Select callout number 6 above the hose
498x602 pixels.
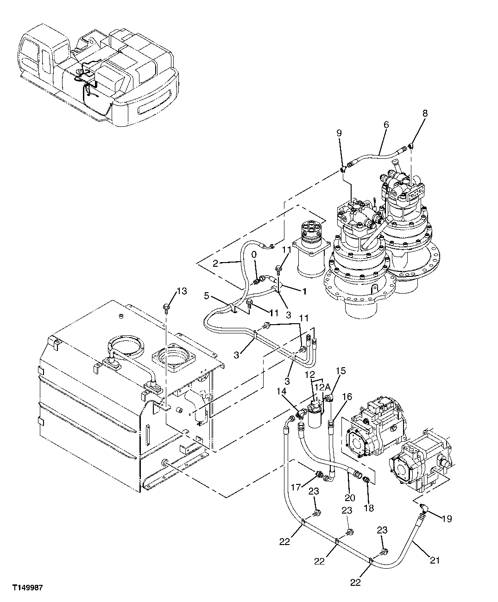[385, 125]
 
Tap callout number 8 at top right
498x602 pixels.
[425, 113]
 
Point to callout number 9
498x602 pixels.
[339, 133]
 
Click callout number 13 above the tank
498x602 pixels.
[182, 291]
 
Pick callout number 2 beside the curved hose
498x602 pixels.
[215, 264]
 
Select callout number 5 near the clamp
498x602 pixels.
[207, 295]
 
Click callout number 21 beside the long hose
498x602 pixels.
[434, 561]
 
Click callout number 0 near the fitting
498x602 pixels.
[253, 255]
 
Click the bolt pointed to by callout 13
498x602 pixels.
[165, 307]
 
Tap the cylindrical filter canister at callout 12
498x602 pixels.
[316, 421]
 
